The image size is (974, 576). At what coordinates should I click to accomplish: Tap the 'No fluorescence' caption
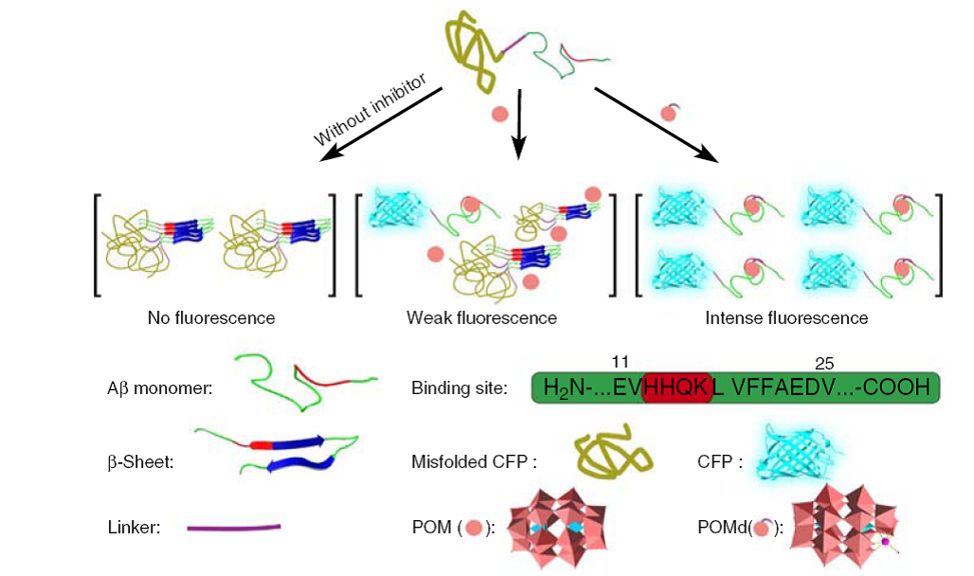[211, 317]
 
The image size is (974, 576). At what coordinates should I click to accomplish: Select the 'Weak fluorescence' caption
[481, 317]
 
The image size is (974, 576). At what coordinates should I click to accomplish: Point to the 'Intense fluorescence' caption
[786, 317]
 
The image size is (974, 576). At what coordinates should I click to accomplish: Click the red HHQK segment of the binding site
[676, 387]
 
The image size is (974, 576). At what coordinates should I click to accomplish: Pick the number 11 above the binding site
[622, 361]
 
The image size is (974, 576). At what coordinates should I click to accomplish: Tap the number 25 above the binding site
[825, 361]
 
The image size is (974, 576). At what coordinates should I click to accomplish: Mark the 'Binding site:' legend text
[460, 387]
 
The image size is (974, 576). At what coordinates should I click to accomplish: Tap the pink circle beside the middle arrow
[498, 115]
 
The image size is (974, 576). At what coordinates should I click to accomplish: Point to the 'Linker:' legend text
[134, 528]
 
